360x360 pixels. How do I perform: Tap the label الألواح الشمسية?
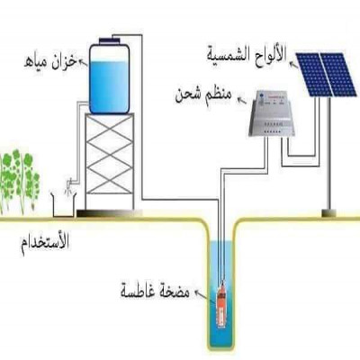click(247, 54)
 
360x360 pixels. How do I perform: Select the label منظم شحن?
click(203, 95)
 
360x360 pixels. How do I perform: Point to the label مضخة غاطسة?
click(155, 290)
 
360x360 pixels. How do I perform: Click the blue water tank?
click(109, 78)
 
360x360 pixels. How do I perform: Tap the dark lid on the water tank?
click(109, 40)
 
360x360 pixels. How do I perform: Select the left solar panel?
click(313, 75)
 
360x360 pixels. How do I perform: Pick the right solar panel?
click(338, 75)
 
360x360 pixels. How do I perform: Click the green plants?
click(19, 180)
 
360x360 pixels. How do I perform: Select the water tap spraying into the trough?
click(69, 184)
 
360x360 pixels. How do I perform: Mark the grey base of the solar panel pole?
click(329, 213)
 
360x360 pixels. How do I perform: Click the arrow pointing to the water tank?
click(84, 62)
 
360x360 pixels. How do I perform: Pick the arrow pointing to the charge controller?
click(241, 100)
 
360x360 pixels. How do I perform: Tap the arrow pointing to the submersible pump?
click(202, 294)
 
